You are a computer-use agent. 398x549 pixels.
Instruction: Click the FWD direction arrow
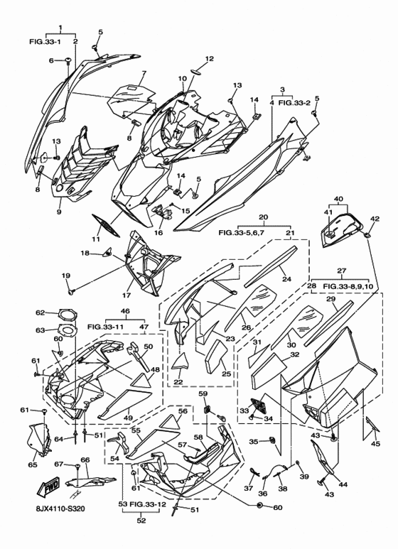pyautogui.click(x=50, y=487)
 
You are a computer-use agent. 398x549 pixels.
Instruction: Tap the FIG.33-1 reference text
pyautogui.click(x=45, y=42)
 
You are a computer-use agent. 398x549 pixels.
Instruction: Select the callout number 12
pyautogui.click(x=209, y=59)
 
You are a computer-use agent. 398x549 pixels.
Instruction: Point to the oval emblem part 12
pyautogui.click(x=198, y=72)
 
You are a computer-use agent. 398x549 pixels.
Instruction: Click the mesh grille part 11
pyautogui.click(x=105, y=225)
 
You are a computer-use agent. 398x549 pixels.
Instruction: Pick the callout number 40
pyautogui.click(x=338, y=199)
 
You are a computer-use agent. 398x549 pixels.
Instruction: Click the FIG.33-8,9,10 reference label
pyautogui.click(x=348, y=286)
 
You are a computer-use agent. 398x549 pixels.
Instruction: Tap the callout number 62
pyautogui.click(x=41, y=312)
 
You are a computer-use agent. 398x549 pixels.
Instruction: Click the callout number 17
pyautogui.click(x=126, y=295)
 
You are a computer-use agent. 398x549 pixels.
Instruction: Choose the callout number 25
pyautogui.click(x=226, y=374)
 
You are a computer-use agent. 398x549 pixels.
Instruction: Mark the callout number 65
pyautogui.click(x=33, y=464)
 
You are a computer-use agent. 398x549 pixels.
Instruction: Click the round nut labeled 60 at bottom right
pyautogui.click(x=260, y=505)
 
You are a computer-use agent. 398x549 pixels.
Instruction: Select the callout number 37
pyautogui.click(x=249, y=489)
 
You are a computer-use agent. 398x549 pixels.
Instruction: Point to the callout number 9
pyautogui.click(x=58, y=212)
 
